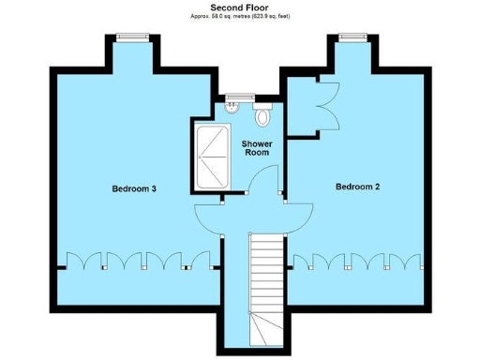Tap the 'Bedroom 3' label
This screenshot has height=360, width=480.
(134, 188)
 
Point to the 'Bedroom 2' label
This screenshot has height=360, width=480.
(357, 187)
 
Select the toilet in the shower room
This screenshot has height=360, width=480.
(262, 117)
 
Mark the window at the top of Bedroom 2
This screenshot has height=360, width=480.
(352, 37)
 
